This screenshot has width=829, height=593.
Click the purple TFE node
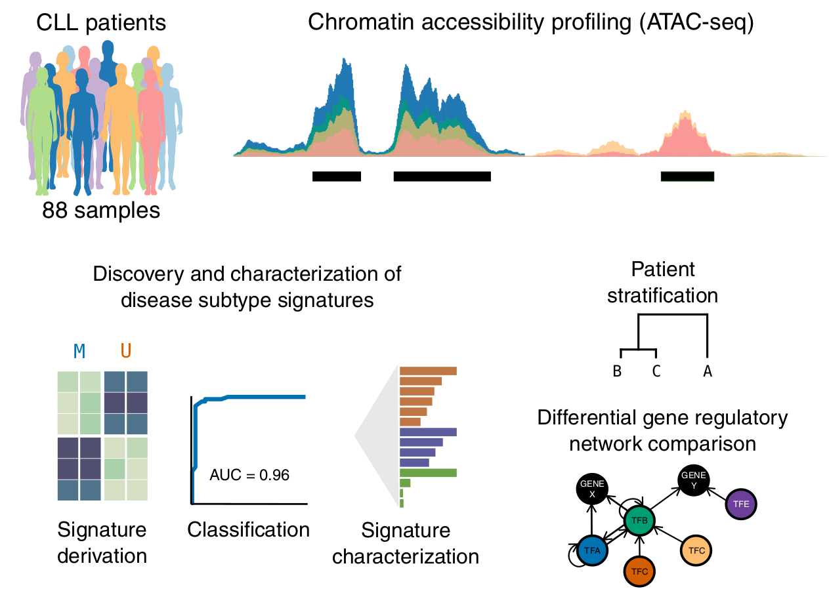[740, 504]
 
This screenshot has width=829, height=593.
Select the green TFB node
[639, 520]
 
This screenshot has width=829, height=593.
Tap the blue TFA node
[592, 550]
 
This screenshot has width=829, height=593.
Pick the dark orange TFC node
[639, 571]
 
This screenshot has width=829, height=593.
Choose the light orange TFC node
[696, 550]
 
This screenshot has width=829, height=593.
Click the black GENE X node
[592, 489]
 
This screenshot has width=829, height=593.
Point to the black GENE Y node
[694, 480]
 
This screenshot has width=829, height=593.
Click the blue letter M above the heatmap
[79, 351]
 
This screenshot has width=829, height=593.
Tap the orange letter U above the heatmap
[126, 350]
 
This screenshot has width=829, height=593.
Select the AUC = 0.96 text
[249, 475]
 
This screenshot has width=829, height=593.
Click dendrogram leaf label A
[707, 371]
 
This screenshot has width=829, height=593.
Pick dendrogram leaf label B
[617, 371]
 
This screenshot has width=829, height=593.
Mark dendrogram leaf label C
[656, 371]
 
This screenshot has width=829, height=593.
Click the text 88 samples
[101, 210]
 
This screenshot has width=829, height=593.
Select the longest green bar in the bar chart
[428, 472]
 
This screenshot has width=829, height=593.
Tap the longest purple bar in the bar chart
[428, 432]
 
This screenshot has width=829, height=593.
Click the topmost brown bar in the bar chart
[428, 371]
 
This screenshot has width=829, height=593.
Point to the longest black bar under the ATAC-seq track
[442, 176]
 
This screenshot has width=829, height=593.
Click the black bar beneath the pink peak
[687, 176]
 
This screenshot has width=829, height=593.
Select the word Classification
[248, 529]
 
